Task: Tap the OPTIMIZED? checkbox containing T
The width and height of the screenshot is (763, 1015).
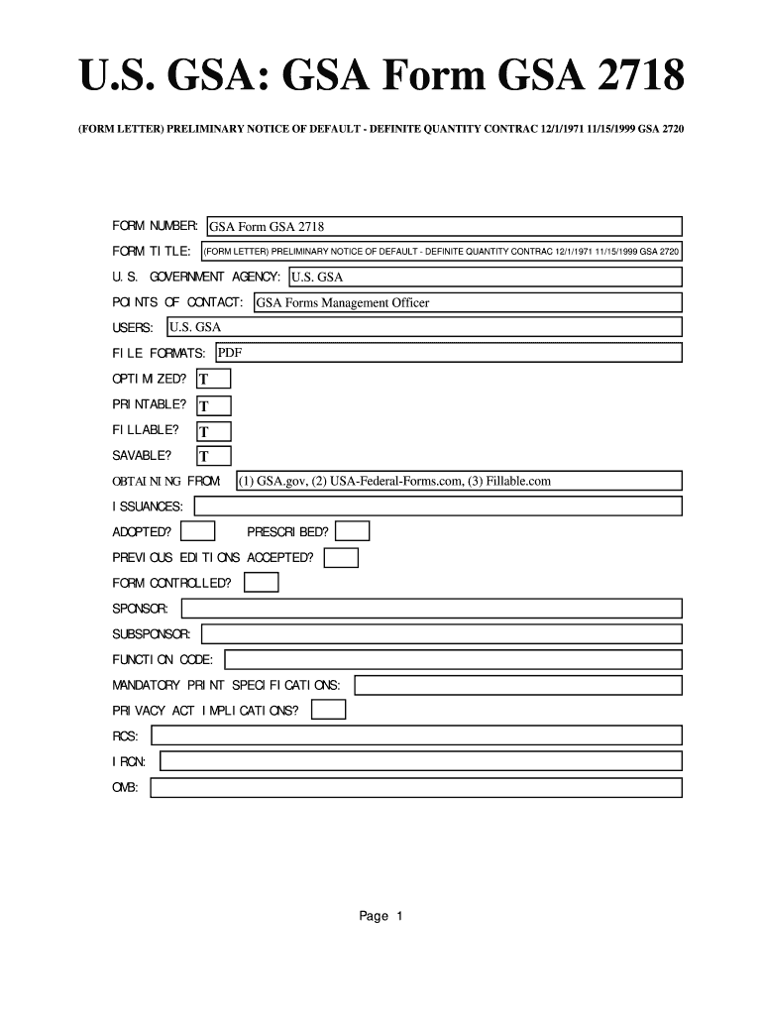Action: tap(214, 379)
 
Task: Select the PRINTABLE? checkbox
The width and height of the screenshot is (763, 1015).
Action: tap(214, 405)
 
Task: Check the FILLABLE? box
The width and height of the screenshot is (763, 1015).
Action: tap(214, 431)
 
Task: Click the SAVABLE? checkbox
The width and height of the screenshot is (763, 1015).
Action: tap(214, 456)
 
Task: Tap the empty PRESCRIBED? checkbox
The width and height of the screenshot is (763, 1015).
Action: tap(353, 532)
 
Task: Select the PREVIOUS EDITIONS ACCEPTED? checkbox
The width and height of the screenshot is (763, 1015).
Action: tap(341, 558)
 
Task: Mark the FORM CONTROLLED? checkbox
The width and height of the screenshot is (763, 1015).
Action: tap(262, 583)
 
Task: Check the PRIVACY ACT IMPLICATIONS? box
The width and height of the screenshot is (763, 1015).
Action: tap(328, 710)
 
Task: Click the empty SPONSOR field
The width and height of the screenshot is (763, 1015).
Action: tap(431, 609)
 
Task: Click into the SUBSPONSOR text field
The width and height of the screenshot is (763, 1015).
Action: tap(442, 633)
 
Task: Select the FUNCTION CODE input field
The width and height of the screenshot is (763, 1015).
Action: tap(454, 659)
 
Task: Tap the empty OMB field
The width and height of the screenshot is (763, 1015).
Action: tap(416, 787)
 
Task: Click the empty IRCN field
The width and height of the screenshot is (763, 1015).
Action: tap(421, 761)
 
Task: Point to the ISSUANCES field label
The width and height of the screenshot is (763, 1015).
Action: tap(148, 507)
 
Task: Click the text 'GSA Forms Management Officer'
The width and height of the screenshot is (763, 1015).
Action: tap(343, 302)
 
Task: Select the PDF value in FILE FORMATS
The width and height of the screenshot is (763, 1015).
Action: tap(230, 352)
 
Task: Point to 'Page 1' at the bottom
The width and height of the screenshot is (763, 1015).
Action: tap(381, 916)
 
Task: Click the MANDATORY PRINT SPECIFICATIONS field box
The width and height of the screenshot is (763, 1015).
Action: tap(518, 685)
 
